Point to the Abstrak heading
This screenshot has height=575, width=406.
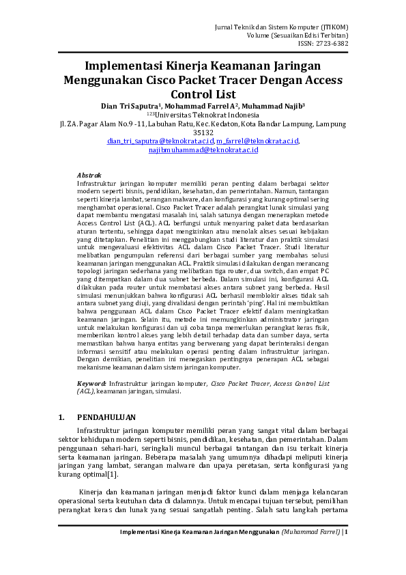click(89, 176)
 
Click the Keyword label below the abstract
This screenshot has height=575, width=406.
click(91, 384)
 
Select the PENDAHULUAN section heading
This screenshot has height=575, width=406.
click(106, 417)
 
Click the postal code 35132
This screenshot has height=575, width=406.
click(203, 132)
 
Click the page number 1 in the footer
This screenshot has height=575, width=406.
click(345, 531)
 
